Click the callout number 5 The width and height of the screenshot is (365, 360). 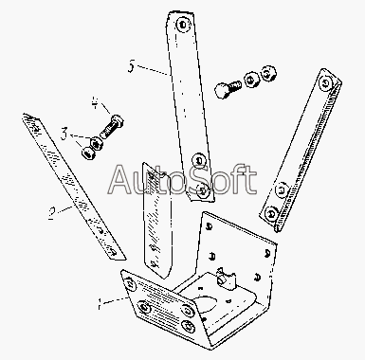[131, 67]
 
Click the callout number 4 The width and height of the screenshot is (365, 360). [96, 102]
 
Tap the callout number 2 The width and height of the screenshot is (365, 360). [52, 213]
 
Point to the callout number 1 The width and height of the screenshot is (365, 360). [100, 304]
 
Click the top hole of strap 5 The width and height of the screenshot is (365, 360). [183, 25]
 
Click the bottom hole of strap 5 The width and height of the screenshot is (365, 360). [203, 191]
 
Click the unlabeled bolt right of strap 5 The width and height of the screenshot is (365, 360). [228, 87]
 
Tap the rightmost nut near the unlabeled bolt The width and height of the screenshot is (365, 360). [268, 73]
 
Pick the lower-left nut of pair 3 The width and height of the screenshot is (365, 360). [89, 153]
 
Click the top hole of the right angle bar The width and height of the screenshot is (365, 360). [326, 82]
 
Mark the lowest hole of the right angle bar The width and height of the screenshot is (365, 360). [271, 215]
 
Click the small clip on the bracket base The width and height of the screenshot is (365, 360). [226, 279]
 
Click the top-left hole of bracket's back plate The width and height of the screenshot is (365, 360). [209, 226]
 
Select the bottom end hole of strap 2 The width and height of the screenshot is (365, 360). [112, 252]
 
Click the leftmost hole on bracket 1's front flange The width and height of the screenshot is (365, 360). [130, 283]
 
